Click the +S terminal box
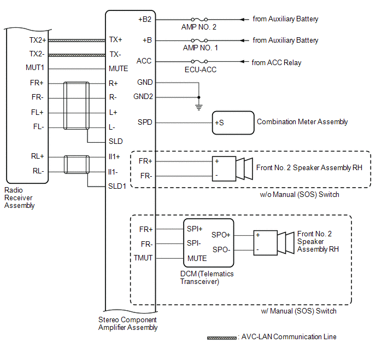[x=233, y=123]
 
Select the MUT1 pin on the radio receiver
[x=34, y=68]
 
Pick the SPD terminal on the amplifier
[x=145, y=122]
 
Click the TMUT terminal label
[x=143, y=258]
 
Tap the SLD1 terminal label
[x=117, y=185]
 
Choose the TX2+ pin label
[x=38, y=40]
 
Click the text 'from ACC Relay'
[x=277, y=62]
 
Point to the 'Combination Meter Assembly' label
[x=302, y=122]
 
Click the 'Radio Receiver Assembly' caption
[x=20, y=198]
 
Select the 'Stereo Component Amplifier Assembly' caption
[x=127, y=323]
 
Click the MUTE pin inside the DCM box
[x=197, y=258]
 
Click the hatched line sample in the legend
[x=221, y=338]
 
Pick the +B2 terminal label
[x=145, y=19]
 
